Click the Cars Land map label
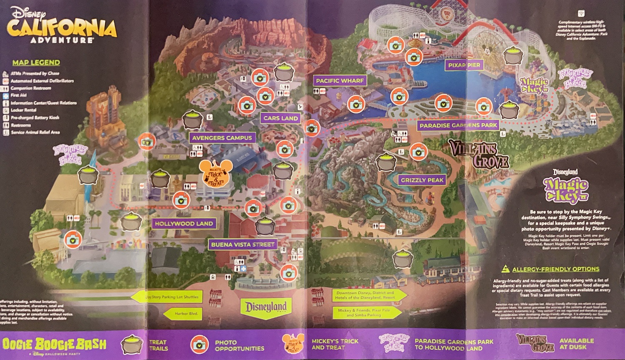click(280, 118)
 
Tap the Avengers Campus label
click(222, 137)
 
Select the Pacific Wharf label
click(340, 80)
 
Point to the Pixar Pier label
click(464, 65)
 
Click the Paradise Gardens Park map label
click(458, 125)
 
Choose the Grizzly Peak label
click(422, 180)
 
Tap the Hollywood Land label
click(184, 223)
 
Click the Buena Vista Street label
click(242, 245)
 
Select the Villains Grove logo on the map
click(479, 154)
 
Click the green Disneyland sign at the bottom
click(266, 307)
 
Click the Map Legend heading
click(36, 62)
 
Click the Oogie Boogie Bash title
click(54, 345)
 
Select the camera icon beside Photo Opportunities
click(200, 345)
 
